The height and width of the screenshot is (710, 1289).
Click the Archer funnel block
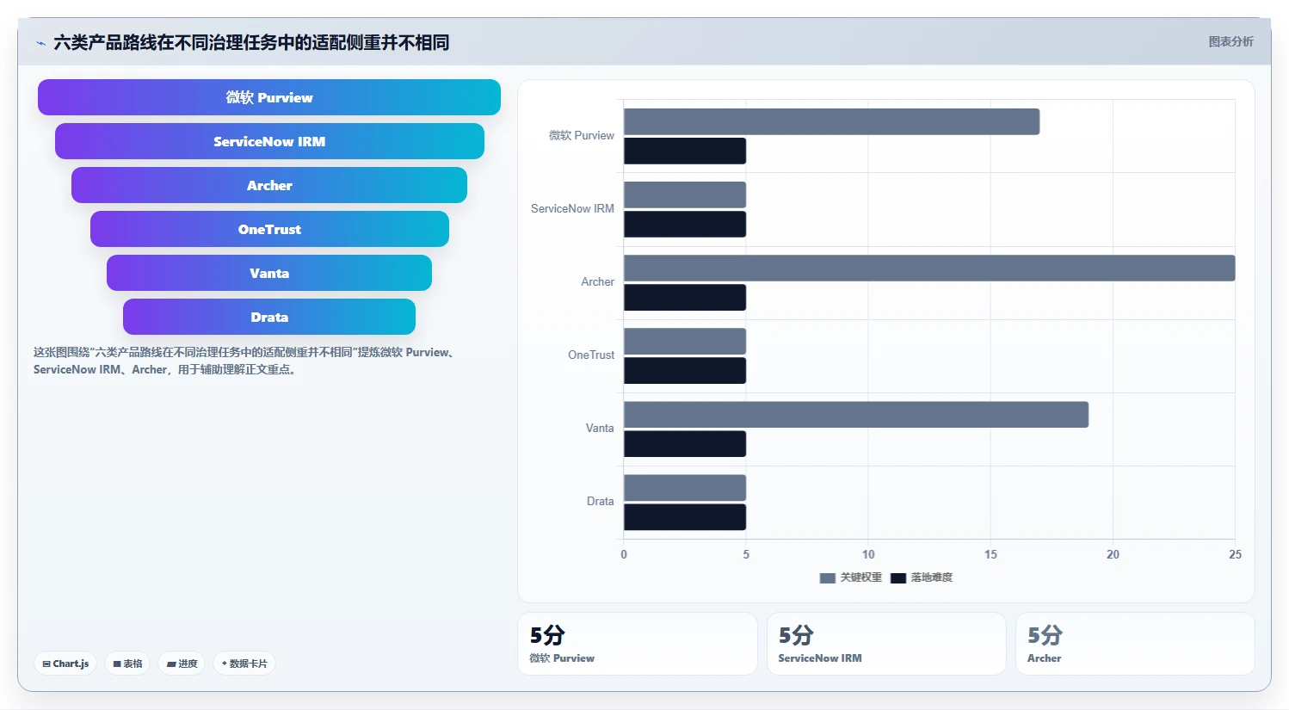269,185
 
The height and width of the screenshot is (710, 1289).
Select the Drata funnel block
269,317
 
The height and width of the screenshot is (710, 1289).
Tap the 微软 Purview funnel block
269,97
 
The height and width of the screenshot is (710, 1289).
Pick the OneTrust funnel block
269,229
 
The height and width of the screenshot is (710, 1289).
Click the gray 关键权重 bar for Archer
929,269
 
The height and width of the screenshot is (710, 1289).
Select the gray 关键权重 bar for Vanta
856,414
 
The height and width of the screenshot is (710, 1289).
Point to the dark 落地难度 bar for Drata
685,516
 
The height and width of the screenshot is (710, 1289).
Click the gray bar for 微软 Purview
831,121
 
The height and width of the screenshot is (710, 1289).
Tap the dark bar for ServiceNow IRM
685,224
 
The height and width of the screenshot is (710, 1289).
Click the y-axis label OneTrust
591,355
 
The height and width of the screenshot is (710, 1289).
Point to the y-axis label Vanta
600,428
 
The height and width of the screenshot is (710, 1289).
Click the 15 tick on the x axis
990,554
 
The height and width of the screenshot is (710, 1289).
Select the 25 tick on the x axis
1235,554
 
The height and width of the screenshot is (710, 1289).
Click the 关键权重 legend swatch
827,577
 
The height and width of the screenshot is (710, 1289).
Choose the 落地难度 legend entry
922,577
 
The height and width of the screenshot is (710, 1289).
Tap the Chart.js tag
65,664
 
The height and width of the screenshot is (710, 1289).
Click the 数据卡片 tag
244,664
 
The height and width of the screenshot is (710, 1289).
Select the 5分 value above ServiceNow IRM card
796,635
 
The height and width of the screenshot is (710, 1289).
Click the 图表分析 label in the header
1230,41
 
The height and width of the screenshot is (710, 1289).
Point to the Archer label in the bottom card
1044,658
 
